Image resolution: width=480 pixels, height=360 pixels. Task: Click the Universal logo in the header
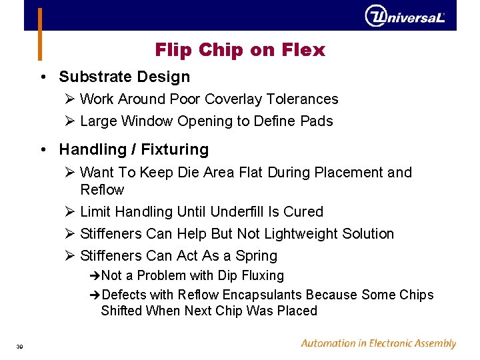(405, 16)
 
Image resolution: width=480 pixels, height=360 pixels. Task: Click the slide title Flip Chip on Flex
(240, 50)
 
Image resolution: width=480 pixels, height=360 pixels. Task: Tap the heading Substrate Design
(124, 77)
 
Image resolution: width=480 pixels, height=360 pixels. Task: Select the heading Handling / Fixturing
(133, 149)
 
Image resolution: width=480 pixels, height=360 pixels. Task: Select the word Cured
(303, 212)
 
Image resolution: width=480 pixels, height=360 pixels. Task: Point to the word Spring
(256, 256)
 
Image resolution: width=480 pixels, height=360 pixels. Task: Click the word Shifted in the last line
(121, 311)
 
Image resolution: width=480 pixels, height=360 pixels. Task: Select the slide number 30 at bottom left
(20, 346)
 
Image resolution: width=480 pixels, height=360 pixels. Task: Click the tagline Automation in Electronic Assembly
(378, 344)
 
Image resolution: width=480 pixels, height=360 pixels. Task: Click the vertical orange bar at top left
(40, 33)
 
